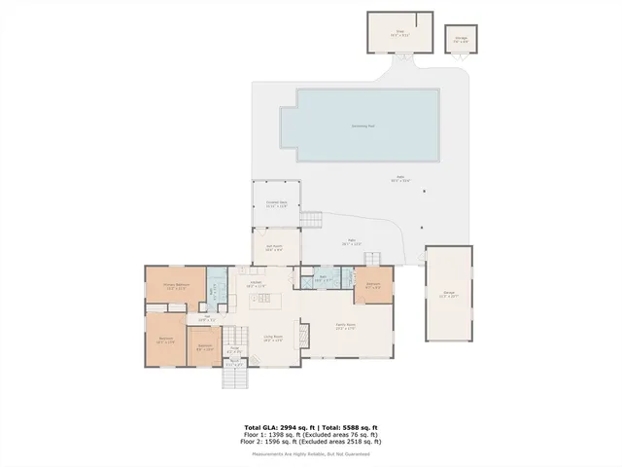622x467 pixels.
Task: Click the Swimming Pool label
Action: tap(364, 126)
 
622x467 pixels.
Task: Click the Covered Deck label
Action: tap(276, 203)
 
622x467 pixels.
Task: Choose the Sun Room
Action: tap(275, 247)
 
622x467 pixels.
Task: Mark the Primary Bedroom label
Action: tap(175, 285)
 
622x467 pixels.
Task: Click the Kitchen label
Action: tap(256, 283)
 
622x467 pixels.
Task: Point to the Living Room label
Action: tap(273, 338)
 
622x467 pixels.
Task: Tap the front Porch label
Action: tap(233, 364)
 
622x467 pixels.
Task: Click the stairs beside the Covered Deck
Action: tap(309, 221)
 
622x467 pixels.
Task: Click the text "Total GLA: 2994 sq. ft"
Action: tap(277, 426)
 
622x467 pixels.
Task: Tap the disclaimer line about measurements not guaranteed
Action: tap(310, 453)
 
